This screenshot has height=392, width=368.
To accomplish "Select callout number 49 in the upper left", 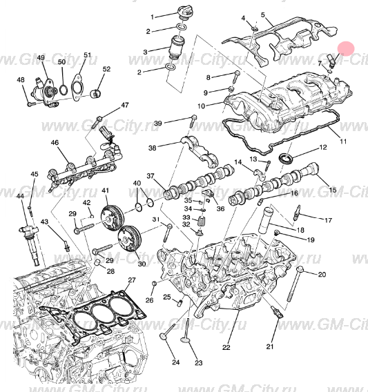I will [41, 57].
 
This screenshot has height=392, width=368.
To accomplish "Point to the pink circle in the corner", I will [346, 48].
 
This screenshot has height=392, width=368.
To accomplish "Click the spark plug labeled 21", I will [278, 313].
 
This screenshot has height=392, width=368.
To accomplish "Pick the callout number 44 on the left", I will [20, 197].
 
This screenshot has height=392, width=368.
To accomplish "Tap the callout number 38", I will [153, 147].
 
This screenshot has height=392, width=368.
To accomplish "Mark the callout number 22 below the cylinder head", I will [226, 347].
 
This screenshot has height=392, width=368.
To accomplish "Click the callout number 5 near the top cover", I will [262, 14].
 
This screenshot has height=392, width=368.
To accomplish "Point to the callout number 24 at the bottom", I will [175, 362].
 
